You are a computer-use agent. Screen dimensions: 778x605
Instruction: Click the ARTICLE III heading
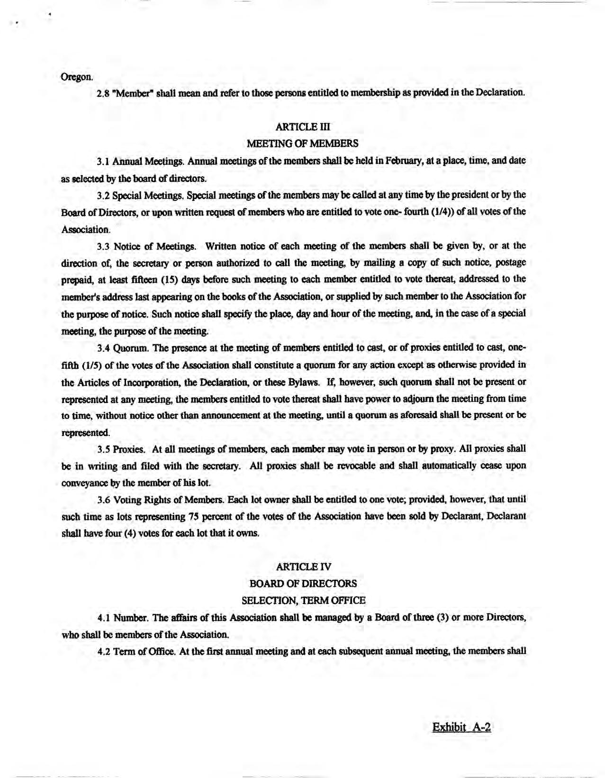[x=303, y=127]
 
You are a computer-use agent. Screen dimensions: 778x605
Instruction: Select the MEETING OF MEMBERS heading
[x=303, y=143]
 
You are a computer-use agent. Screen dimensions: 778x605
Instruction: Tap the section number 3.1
[x=103, y=161]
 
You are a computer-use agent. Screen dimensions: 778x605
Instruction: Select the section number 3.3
[x=103, y=246]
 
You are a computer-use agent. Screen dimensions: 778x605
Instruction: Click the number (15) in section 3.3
[x=171, y=280]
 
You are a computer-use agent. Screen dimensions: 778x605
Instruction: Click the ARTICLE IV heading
[x=303, y=567]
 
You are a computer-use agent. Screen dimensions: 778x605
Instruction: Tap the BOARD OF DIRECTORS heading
[x=303, y=583]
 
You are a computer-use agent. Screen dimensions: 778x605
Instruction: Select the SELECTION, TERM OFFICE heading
[x=303, y=600]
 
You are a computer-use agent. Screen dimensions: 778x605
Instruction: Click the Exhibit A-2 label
[x=461, y=727]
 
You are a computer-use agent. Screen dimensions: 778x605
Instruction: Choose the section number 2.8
[x=103, y=93]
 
